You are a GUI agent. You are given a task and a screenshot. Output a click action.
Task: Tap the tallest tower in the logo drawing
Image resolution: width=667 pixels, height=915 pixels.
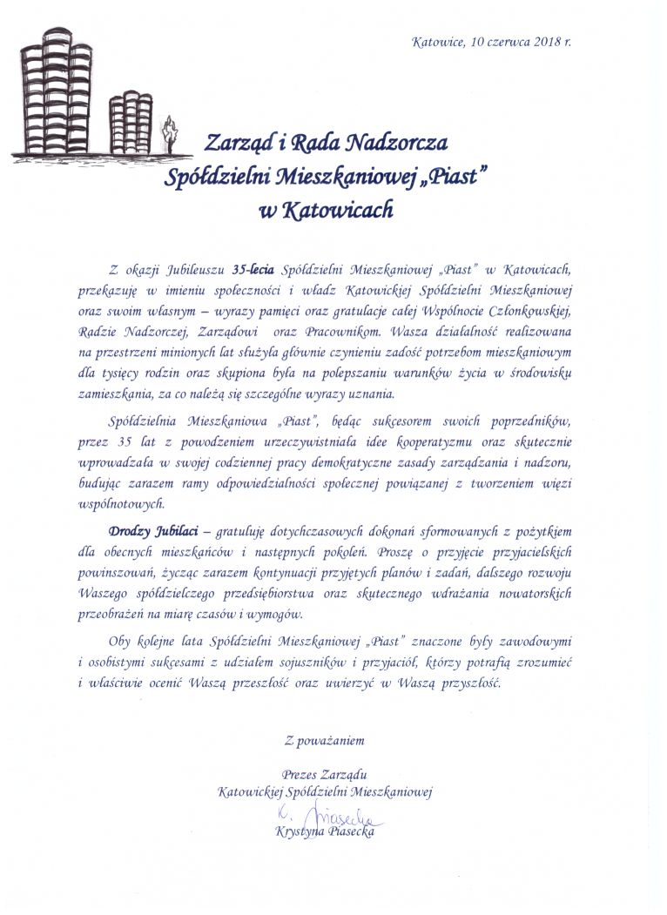pyautogui.click(x=57, y=91)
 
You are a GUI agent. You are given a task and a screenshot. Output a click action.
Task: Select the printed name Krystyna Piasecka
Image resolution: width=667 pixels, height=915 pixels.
pyautogui.click(x=325, y=833)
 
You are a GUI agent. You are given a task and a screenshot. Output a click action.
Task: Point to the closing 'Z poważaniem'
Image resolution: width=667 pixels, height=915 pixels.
pyautogui.click(x=324, y=742)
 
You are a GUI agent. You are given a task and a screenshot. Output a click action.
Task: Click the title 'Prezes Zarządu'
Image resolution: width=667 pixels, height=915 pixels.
pyautogui.click(x=324, y=775)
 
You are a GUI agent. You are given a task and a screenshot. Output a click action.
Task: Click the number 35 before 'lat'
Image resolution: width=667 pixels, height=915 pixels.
pyautogui.click(x=124, y=440)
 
